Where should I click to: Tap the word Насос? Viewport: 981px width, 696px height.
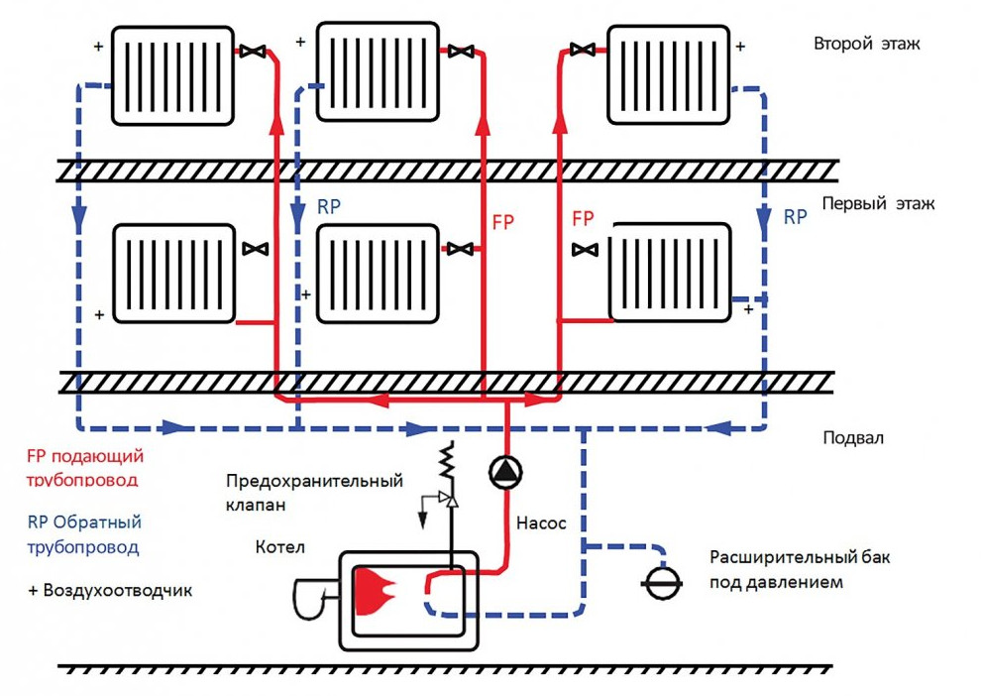coord(542,522)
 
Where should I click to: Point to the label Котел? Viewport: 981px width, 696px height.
coord(279,547)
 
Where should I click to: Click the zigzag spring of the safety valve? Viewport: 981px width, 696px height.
coord(448,462)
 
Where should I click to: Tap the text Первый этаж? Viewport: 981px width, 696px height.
coord(877,204)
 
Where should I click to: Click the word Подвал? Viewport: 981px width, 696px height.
coord(853,437)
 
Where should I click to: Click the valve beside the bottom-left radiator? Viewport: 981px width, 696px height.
coord(257,248)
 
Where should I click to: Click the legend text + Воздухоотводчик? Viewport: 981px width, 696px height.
coord(110,591)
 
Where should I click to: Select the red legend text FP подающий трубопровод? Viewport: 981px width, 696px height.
coord(85,468)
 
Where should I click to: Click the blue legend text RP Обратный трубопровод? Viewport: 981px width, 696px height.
coord(83,534)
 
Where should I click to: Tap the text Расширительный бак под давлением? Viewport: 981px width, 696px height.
coord(800,570)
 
